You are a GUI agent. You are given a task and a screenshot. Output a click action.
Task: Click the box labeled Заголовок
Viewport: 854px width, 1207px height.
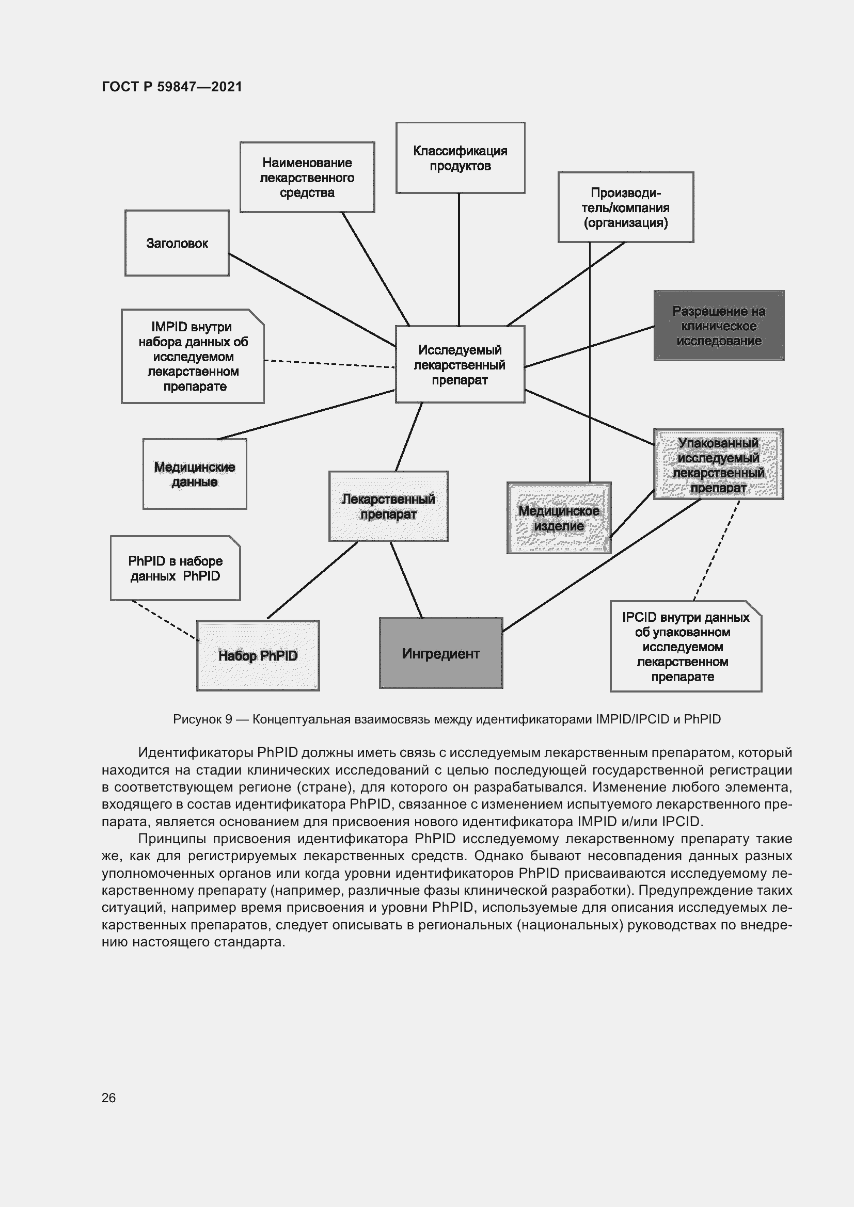[177, 243]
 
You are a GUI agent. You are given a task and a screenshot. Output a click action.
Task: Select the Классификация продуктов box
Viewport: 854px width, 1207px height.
[460, 158]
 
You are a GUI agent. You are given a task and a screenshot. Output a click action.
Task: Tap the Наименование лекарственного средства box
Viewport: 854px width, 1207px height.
[307, 177]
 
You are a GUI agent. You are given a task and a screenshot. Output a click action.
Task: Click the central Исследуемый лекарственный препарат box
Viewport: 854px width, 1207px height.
[460, 364]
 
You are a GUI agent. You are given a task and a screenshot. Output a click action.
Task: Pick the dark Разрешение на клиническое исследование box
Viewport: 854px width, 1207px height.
[718, 326]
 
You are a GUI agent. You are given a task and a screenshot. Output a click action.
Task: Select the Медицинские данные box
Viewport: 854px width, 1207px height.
[195, 474]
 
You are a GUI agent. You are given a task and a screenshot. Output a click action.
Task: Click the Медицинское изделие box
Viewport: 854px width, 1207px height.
[559, 518]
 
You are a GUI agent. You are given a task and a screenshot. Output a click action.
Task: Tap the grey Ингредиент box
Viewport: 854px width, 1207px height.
[440, 653]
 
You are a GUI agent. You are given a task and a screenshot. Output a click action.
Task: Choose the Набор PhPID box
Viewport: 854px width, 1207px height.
[258, 655]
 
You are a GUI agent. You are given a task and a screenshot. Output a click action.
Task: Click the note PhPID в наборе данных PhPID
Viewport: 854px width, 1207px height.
[175, 568]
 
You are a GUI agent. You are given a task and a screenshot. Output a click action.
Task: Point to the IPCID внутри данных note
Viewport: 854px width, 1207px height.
[685, 646]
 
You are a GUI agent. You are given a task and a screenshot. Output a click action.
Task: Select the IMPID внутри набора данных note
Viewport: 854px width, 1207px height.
[193, 357]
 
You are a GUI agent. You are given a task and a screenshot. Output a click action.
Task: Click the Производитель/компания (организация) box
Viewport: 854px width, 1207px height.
[625, 207]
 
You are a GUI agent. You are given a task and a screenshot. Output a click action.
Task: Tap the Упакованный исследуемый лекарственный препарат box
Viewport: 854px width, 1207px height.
[718, 464]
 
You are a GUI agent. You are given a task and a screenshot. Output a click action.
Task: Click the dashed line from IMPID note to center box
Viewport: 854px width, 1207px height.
[329, 363]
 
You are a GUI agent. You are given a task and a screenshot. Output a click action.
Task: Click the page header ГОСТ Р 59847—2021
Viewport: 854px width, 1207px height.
[172, 87]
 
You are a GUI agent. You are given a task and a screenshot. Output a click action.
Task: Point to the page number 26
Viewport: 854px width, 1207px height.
[108, 1098]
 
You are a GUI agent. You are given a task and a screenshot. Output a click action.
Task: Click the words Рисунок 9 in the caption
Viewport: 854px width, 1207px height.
[202, 719]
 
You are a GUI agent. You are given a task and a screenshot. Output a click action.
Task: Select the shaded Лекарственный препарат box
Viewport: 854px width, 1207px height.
[388, 506]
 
